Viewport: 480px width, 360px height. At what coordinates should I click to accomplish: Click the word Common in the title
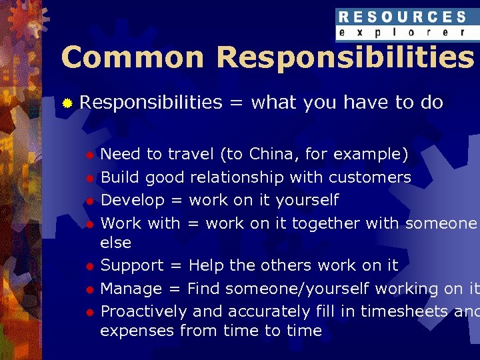coord(132,58)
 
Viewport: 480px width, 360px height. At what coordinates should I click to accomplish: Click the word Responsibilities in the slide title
coord(345,58)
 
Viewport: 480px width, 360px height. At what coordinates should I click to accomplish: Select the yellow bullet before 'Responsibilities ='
coord(67,103)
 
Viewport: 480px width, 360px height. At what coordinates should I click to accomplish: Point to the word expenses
coord(137,331)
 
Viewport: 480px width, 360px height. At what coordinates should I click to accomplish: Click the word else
coord(115,242)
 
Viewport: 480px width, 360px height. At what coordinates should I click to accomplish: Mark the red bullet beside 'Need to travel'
coord(89,155)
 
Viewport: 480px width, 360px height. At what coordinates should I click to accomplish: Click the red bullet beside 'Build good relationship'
coord(89,178)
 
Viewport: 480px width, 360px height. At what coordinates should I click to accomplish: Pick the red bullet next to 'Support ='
coord(89,266)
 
